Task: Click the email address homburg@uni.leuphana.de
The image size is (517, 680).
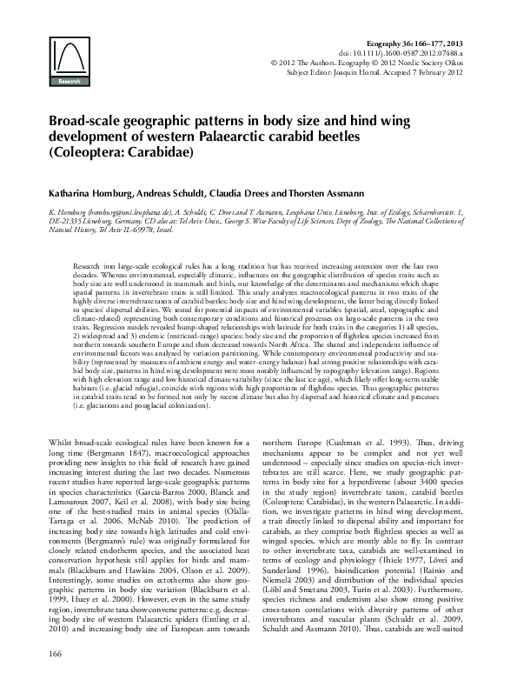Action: coord(137,210)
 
